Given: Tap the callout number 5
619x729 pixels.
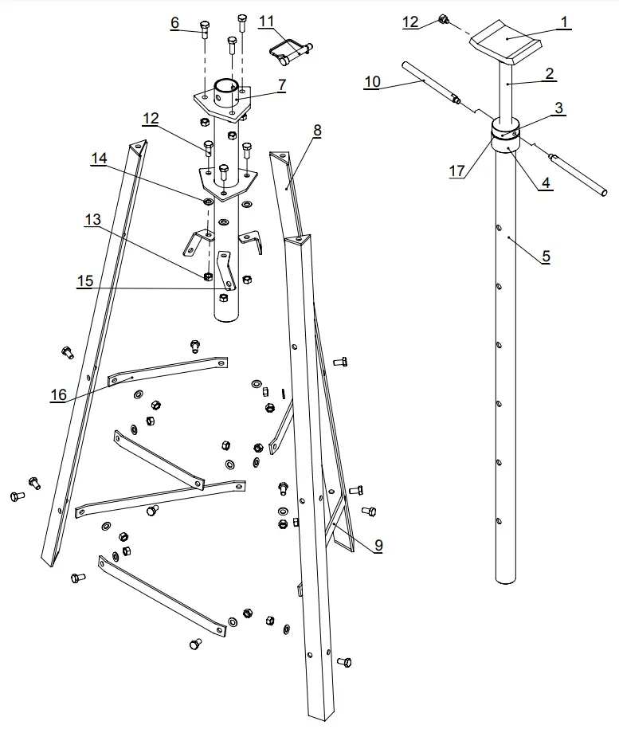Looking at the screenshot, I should (546, 257).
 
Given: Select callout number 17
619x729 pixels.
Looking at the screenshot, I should (456, 171).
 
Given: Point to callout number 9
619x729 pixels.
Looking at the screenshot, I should (378, 545).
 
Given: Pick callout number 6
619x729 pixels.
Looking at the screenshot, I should (174, 23).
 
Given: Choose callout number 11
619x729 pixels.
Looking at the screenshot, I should (266, 19).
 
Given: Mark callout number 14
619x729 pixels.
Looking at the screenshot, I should (99, 159).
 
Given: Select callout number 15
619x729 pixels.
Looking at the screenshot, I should (85, 281).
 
